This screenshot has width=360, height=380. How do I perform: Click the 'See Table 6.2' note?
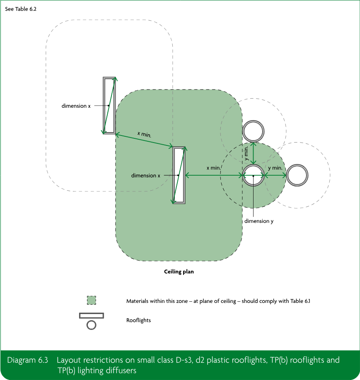(x=21, y=9)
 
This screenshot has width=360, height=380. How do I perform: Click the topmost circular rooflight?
(x=253, y=121)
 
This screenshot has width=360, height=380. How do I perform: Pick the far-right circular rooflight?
(x=297, y=165)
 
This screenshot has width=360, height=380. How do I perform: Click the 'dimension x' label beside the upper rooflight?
(x=76, y=106)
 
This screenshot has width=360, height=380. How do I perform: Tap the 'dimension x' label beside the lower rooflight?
(x=145, y=175)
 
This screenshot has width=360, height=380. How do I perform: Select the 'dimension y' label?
(x=259, y=221)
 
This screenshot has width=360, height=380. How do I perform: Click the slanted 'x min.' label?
(x=145, y=134)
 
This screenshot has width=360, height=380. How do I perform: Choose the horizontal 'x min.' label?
(x=213, y=168)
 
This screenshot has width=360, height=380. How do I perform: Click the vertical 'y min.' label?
(x=246, y=153)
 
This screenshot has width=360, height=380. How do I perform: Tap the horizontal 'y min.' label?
(x=275, y=168)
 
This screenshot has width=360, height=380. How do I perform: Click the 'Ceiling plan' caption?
(x=179, y=271)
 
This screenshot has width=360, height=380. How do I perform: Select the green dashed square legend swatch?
(x=91, y=300)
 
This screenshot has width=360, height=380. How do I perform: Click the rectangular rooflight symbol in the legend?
(x=92, y=315)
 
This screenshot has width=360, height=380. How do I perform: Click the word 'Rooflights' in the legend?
(x=139, y=320)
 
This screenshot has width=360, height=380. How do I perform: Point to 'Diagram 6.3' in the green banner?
(x=28, y=360)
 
